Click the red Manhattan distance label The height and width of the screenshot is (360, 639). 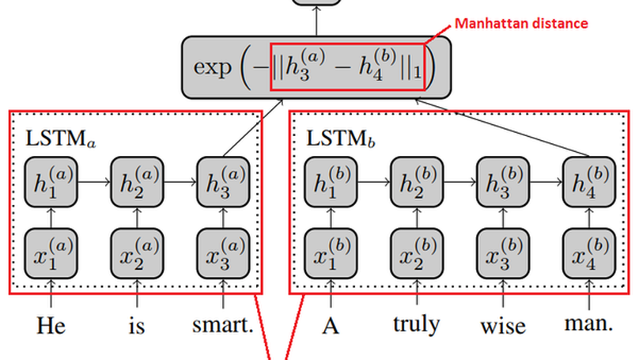tap(521, 24)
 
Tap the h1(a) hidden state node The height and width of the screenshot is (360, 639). tap(51, 184)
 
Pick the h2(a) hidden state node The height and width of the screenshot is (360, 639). tap(137, 184)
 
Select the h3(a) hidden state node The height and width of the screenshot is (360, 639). tap(223, 184)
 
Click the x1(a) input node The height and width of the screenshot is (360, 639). tap(51, 253)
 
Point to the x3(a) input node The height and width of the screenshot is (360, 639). tap(223, 253)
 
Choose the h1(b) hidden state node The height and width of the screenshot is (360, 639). tap(331, 184)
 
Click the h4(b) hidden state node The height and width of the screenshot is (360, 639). tap(589, 184)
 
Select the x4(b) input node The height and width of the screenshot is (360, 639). tap(589, 253)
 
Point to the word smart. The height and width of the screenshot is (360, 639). tap(224, 325)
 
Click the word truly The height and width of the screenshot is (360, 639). tap(418, 325)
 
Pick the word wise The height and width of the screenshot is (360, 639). tap(503, 325)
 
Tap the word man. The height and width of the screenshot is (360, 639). tap(589, 324)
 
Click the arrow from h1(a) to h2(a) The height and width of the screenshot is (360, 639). tap(93, 183)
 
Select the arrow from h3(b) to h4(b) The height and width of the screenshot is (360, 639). tap(546, 183)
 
